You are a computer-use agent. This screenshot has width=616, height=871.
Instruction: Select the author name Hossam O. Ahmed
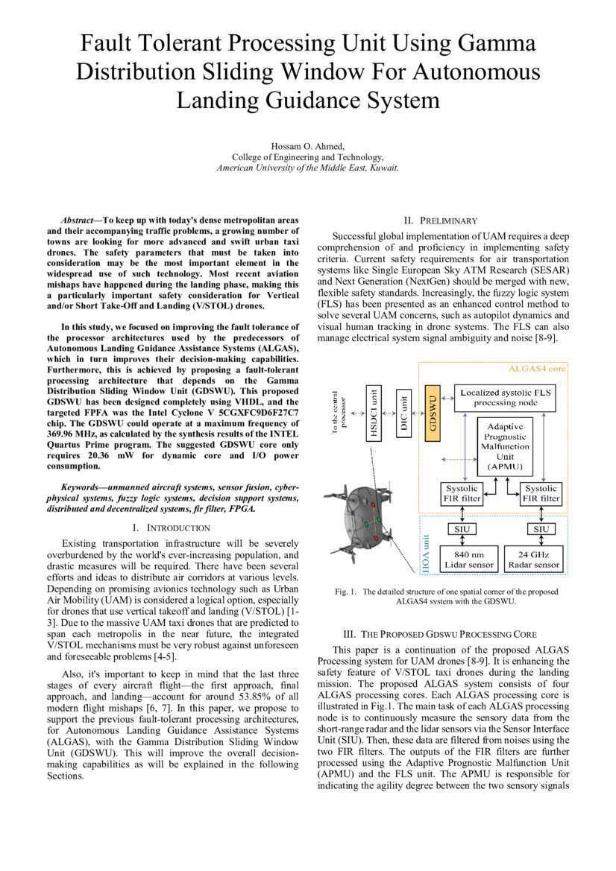307,146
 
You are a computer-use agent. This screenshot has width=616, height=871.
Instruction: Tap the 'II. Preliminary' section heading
441,221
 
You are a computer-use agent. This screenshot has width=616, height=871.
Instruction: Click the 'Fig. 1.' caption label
346,592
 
